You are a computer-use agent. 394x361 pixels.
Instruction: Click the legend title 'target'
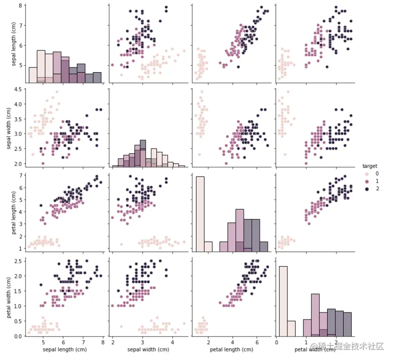point(369,166)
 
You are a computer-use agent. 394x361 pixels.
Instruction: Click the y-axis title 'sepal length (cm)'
point(14,42)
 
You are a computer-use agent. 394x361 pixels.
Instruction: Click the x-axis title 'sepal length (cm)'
point(64,350)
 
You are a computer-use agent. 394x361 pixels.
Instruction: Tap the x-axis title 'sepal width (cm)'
point(148,350)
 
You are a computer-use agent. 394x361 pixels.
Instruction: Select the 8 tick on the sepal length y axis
point(21,6)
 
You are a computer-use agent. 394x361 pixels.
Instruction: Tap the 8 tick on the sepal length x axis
point(103,343)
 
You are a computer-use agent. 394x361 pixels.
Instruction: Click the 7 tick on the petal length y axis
point(21,176)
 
